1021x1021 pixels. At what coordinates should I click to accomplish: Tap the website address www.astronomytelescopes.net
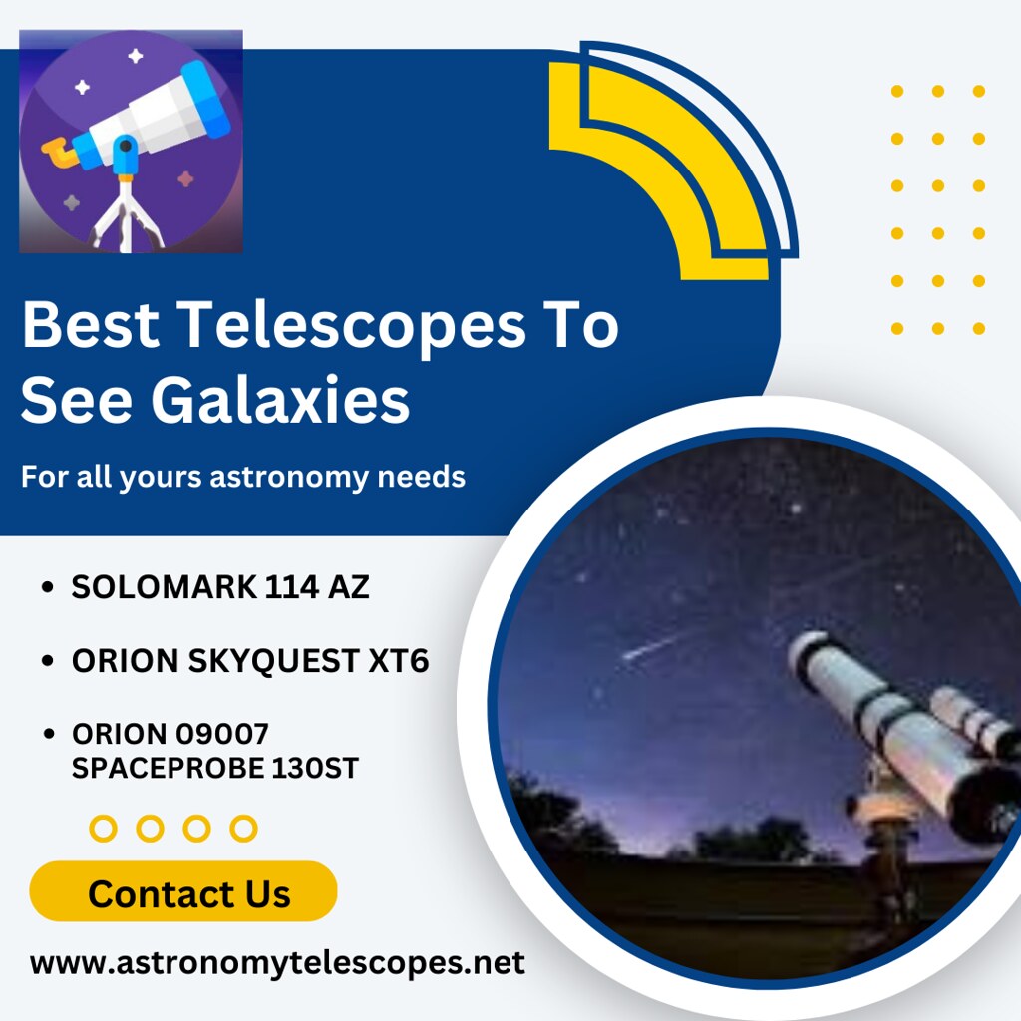pos(277,963)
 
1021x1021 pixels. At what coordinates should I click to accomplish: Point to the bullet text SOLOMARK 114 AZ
pos(220,588)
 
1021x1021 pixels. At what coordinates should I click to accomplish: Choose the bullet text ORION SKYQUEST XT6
pos(250,661)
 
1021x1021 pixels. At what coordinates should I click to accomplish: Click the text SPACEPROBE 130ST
pos(215,769)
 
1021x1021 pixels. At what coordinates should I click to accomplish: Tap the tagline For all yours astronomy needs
pos(243,477)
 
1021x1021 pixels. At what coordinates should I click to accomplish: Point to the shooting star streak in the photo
pos(653,646)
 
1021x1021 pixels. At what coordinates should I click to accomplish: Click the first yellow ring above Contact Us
pos(103,828)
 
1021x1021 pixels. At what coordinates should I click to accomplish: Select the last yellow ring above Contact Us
pos(243,828)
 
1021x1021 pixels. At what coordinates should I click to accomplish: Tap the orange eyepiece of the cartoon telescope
pos(57,154)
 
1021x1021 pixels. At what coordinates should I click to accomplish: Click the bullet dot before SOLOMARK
pos(47,589)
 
